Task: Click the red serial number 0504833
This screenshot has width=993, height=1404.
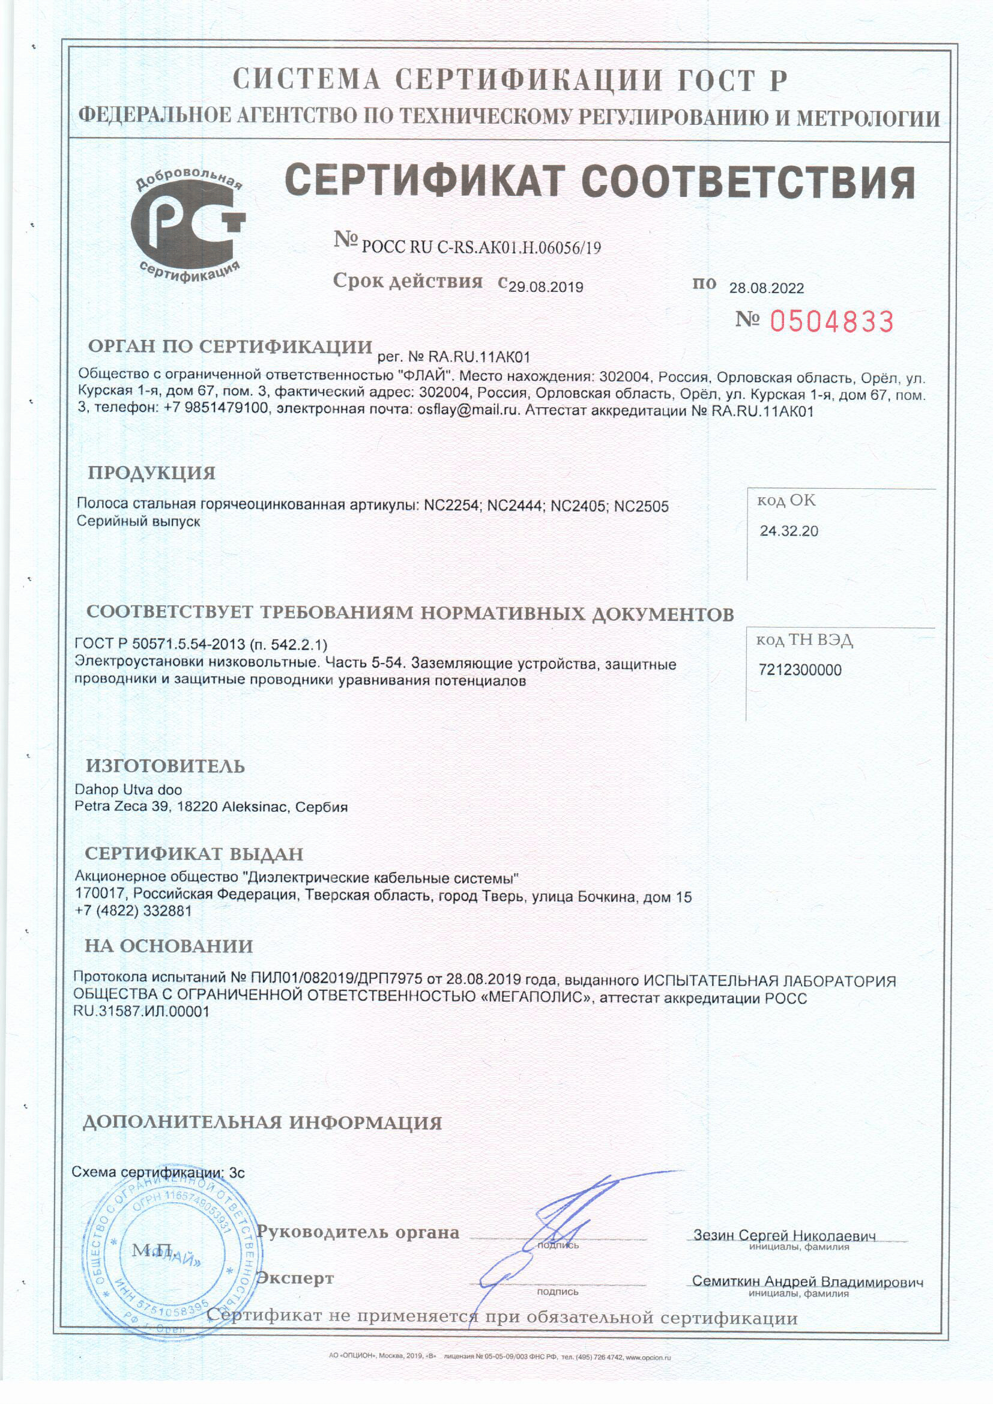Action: coord(832,321)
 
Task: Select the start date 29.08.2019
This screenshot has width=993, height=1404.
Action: coord(545,287)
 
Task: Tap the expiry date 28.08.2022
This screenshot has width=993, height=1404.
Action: coord(766,288)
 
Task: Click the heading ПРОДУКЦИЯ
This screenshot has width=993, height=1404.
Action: coord(152,473)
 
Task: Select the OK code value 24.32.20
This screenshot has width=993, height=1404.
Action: coord(789,531)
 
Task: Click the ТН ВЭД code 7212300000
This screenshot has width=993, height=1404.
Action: coord(800,670)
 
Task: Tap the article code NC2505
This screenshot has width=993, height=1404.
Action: coord(641,506)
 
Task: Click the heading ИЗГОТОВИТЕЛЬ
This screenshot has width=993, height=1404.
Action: coord(165,766)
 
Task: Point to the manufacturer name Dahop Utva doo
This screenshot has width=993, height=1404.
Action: coord(128,790)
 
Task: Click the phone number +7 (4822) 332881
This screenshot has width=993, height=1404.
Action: coord(133,910)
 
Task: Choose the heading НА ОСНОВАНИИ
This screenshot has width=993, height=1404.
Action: coord(169,946)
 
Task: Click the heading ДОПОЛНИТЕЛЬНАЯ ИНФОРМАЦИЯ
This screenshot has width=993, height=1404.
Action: coord(262,1123)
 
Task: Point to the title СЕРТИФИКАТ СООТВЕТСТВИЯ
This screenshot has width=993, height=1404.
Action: coord(600,181)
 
